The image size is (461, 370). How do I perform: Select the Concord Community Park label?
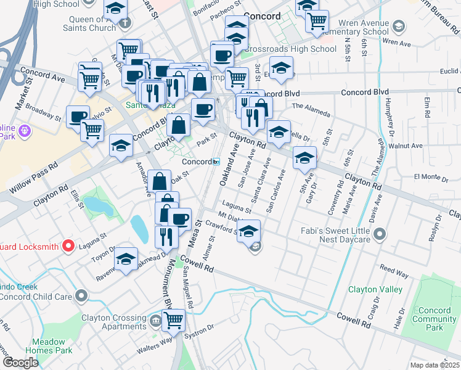coord(434,319)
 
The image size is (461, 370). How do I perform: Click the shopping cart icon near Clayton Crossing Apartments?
coord(173,319)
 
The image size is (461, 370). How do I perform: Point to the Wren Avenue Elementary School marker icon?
coord(399,26)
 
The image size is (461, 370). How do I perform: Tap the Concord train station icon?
coord(216,162)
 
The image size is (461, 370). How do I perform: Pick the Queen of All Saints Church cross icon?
coord(126,23)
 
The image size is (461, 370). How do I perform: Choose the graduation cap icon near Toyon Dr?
coord(126,260)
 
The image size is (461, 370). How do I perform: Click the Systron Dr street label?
coord(200,329)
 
